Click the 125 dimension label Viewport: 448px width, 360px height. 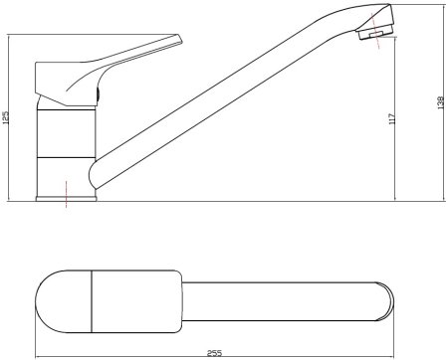click(6, 117)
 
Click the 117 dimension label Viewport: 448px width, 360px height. click(392, 118)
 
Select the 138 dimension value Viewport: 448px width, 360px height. click(441, 102)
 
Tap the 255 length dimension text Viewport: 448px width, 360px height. click(214, 353)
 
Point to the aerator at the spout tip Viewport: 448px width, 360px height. click(375, 34)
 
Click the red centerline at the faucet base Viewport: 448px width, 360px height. click(67, 194)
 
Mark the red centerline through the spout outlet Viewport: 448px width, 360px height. click(375, 31)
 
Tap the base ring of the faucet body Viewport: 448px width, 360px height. click(66, 199)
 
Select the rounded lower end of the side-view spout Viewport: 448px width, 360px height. click(92, 175)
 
